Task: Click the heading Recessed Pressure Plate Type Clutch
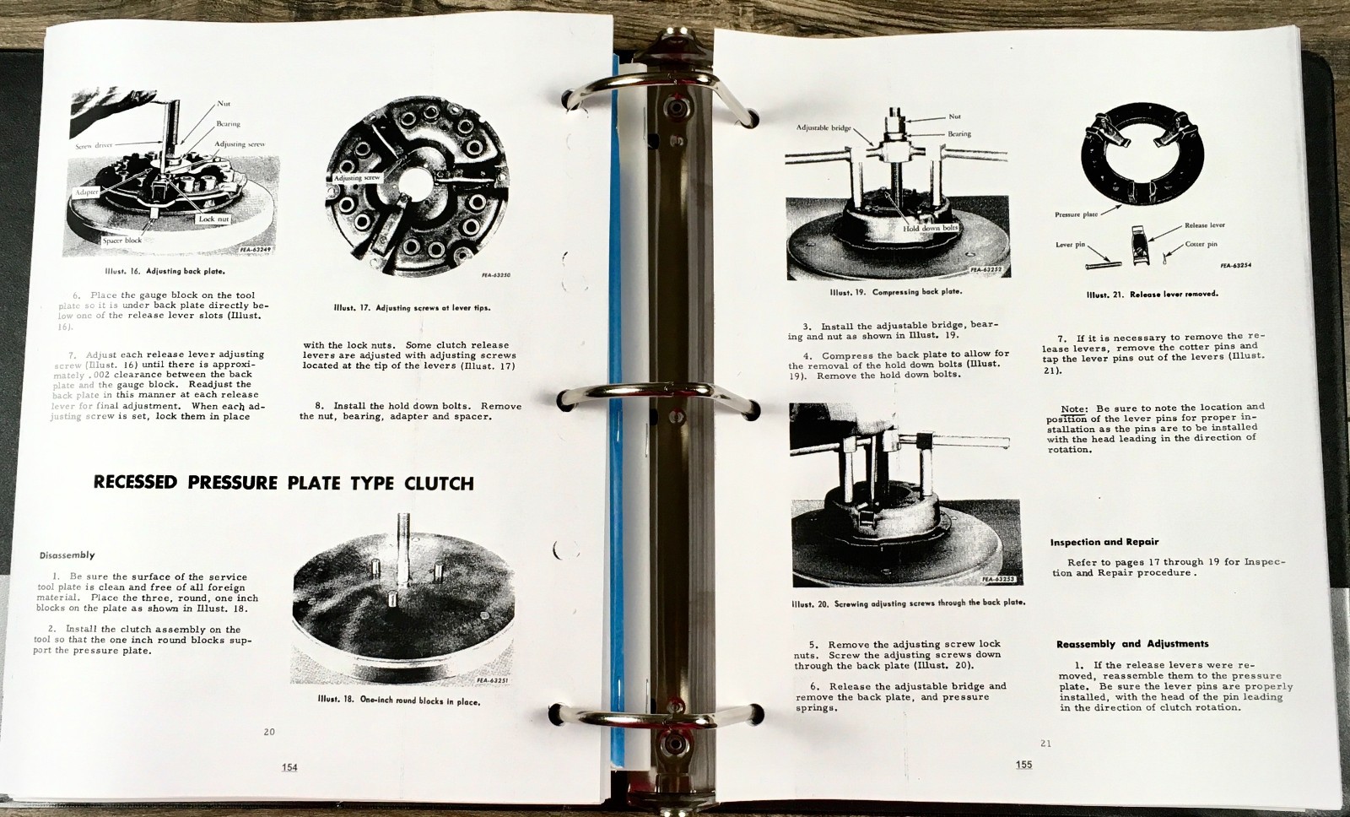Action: coord(283,483)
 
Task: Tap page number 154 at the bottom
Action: coord(289,767)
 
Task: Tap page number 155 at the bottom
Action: coord(1023,765)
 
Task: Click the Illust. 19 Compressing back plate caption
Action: coord(895,292)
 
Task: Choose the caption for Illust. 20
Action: coord(908,603)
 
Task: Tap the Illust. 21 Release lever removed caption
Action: coord(1152,295)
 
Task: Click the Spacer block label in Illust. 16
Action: coord(121,241)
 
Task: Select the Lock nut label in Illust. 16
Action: coord(213,219)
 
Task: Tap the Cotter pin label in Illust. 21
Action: coord(1201,244)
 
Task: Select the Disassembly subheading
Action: coord(67,555)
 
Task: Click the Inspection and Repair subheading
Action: coord(1104,542)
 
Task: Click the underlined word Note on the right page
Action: coord(1073,408)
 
